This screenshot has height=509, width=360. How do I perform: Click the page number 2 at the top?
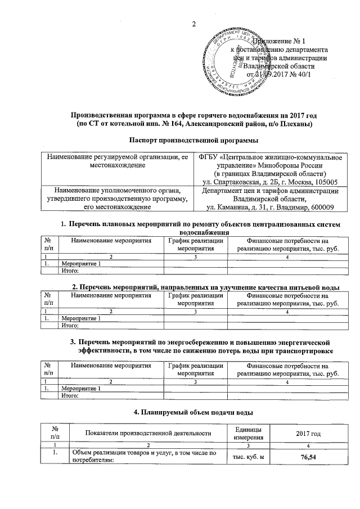pos(194,24)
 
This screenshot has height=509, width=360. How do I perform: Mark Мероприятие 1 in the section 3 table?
pos(82,389)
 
